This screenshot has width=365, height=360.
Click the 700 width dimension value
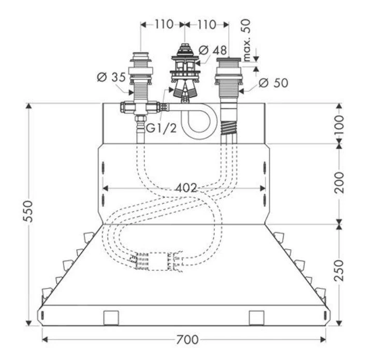click(x=186, y=340)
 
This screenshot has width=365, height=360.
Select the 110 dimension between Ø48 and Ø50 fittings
click(x=206, y=24)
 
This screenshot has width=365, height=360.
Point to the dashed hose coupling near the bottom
click(x=156, y=261)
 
